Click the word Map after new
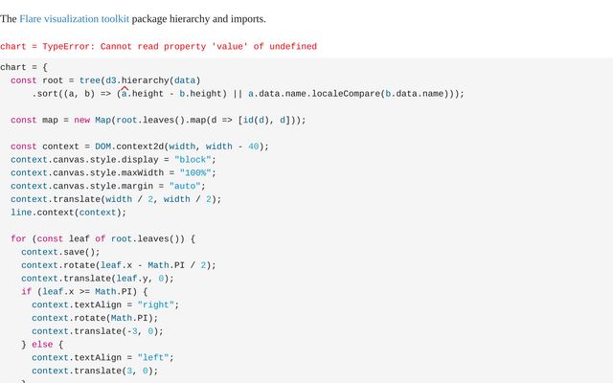pos(102,120)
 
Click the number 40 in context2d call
pos(253,146)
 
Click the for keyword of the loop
pos(18,238)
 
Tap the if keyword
pos(27,291)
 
